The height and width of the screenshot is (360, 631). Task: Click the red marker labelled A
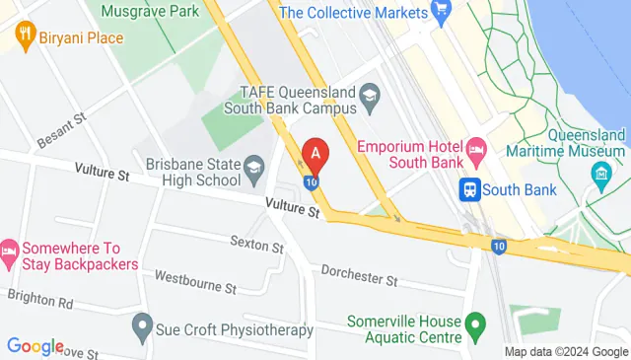pos(315,154)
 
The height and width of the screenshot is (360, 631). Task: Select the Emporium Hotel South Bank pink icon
pos(475,153)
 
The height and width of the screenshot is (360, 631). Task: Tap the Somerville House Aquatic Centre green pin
pos(475,323)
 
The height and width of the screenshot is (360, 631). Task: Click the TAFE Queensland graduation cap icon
pos(370,96)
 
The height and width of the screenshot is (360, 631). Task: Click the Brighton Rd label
pos(39,299)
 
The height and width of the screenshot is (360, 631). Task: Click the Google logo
pos(35,346)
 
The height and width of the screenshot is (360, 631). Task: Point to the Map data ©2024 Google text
pos(565,352)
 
